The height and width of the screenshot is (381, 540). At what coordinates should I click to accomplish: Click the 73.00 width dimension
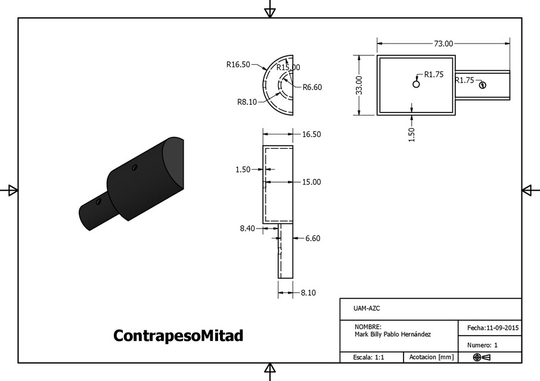[443, 43]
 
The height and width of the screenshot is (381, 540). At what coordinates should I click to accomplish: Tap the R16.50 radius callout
[238, 65]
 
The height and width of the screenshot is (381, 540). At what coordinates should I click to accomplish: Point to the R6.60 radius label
[312, 88]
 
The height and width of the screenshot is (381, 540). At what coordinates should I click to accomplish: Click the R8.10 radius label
[247, 102]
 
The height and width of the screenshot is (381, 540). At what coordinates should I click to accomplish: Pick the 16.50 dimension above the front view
[311, 135]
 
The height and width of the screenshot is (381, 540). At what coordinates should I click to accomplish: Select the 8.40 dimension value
[247, 228]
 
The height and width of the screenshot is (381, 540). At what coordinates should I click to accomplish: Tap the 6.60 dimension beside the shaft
[313, 238]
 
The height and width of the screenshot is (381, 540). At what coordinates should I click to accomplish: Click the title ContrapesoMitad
[178, 336]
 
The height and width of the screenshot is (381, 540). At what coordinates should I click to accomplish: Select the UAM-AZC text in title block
[367, 308]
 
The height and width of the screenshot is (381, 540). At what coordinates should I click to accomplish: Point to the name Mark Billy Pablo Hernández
[392, 335]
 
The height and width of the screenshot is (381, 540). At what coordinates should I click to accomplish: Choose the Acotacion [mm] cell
[431, 357]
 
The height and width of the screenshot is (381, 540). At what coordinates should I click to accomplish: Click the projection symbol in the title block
[482, 357]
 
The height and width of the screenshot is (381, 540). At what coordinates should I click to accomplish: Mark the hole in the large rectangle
[416, 84]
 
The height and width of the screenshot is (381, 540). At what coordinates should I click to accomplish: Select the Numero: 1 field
[482, 345]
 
